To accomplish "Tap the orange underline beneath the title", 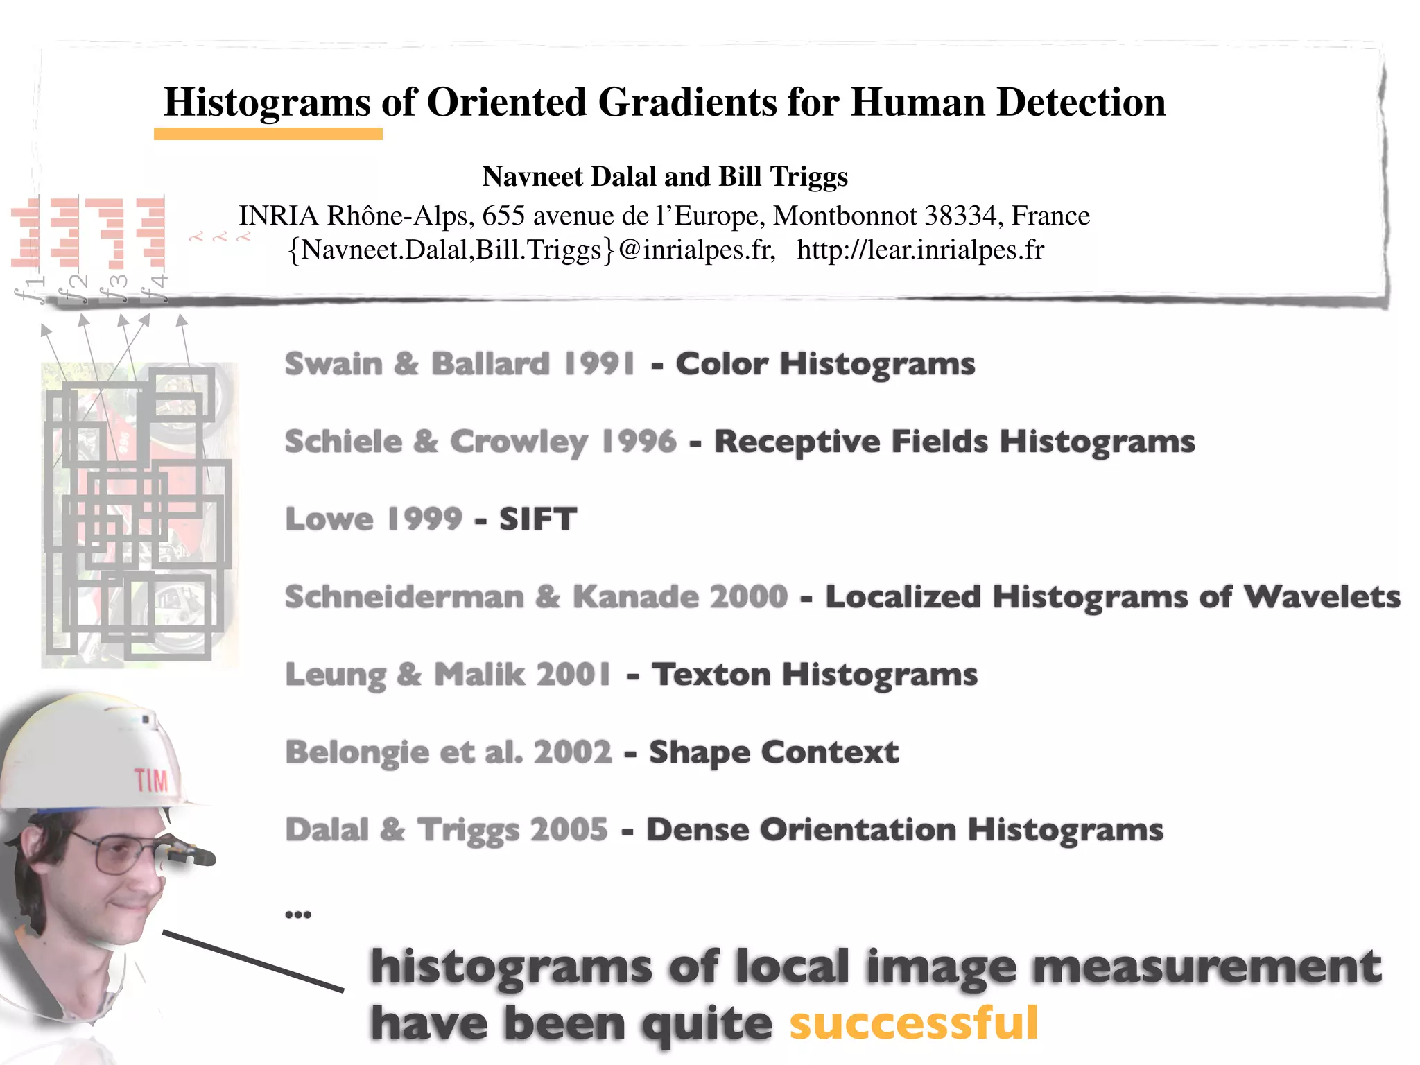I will pos(268,134).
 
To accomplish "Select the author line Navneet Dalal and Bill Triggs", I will pos(665,177).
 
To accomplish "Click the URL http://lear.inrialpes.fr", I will pos(920,250).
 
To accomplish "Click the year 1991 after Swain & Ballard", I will pos(599,363).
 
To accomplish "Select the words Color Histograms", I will pos(825,363).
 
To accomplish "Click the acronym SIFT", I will pos(538,519).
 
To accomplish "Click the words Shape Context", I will pos(773,752).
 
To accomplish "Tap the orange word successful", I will pos(913,1023).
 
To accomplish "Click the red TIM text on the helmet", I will pos(151,781).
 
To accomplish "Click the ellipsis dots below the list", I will pos(298,915).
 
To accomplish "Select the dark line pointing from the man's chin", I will pos(253,961).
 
